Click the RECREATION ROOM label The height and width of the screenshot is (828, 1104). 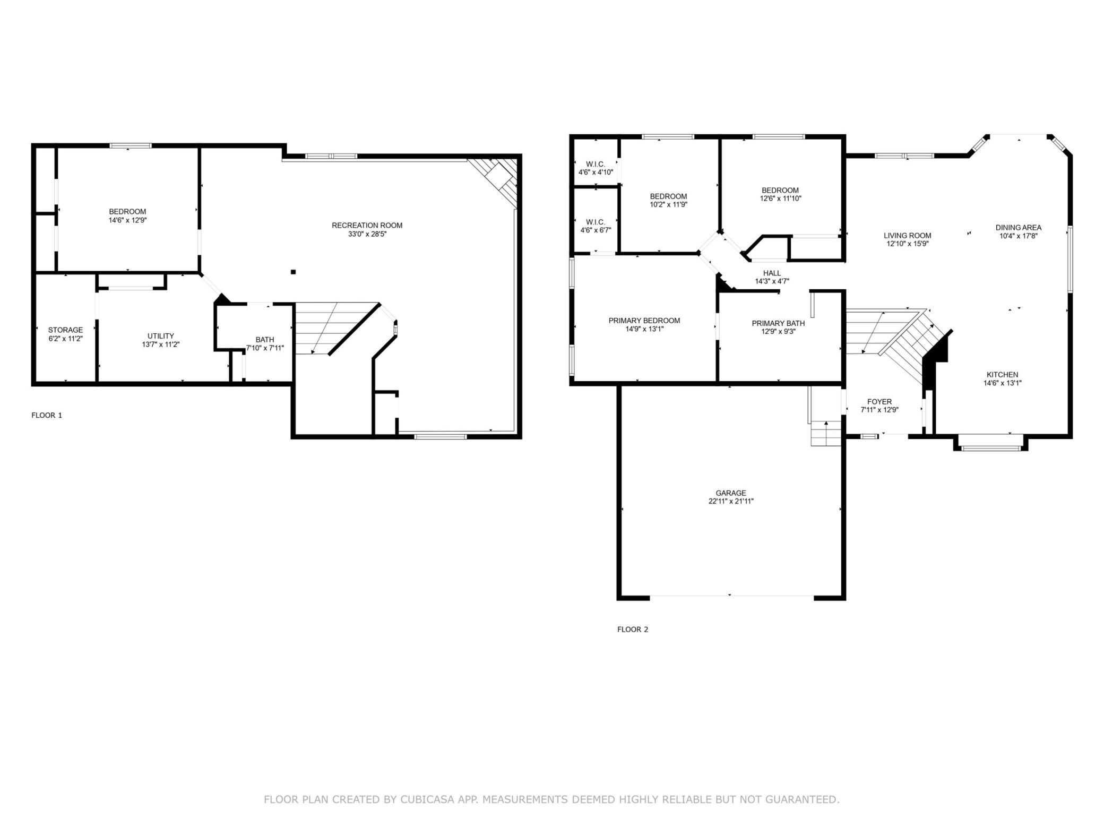coord(367,226)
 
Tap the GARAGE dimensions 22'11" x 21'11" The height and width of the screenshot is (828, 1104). coord(731,501)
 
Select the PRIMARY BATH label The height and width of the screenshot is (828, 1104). coord(778,323)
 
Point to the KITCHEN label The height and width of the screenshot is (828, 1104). coord(1002,375)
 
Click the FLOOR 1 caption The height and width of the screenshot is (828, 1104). coord(47,415)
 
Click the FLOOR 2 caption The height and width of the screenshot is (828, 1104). coord(633,629)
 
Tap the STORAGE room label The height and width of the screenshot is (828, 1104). coord(65,330)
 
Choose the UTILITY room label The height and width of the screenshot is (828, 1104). coord(161,336)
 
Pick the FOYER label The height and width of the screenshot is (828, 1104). coord(879,402)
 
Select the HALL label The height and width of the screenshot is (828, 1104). coord(772,273)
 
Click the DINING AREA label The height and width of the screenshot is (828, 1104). coord(1018,228)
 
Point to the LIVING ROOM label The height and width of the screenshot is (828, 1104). coord(907,236)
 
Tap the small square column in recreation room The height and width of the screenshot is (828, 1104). coord(293,272)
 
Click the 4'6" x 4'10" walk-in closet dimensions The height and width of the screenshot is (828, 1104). coord(596,172)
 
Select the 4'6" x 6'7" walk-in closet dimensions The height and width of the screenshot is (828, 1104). coord(596,230)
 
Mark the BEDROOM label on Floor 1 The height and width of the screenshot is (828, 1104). coord(127,212)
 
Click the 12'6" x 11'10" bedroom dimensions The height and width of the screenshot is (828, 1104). coord(780,199)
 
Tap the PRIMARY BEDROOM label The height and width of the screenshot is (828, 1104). coord(644,321)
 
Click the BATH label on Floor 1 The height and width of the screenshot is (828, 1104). coord(265,340)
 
